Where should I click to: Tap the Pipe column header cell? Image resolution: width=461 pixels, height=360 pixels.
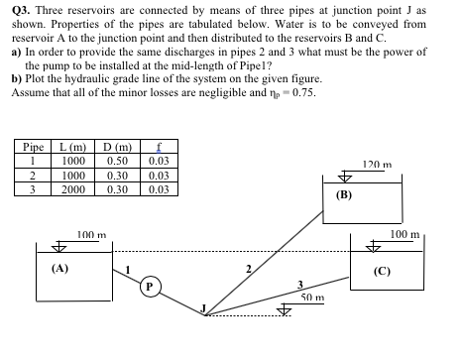(x=34, y=148)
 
